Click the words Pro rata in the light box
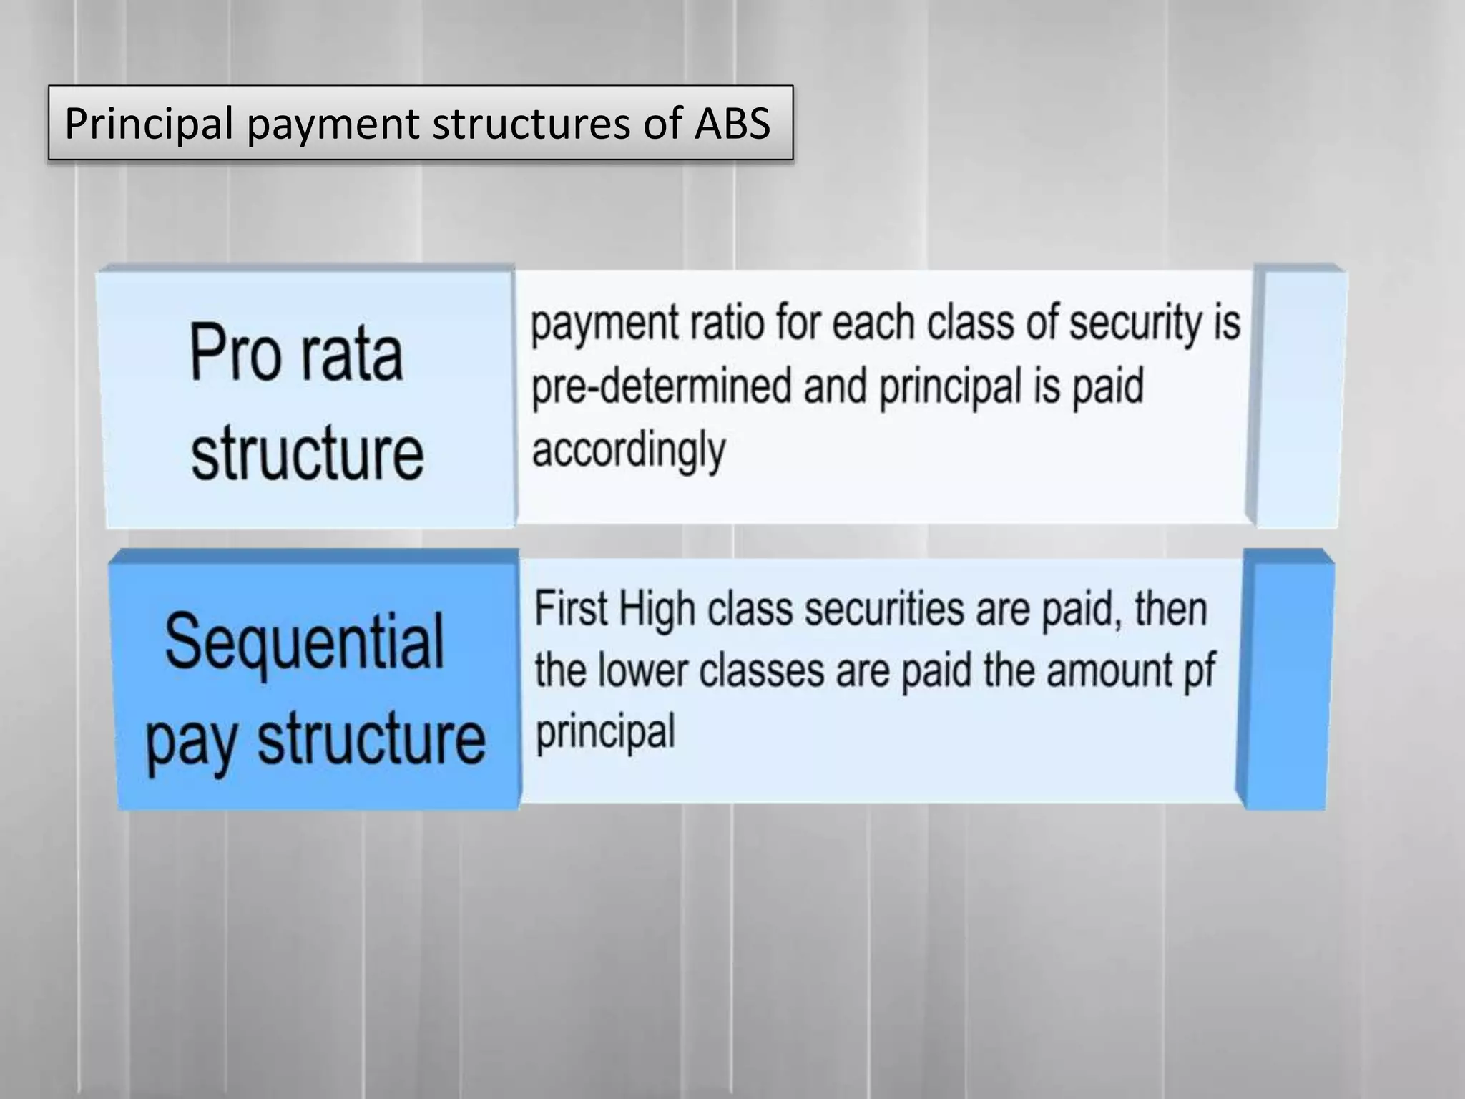pyautogui.click(x=296, y=353)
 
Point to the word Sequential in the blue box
pyautogui.click(x=305, y=641)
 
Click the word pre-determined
pyautogui.click(x=660, y=386)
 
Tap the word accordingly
pyautogui.click(x=628, y=451)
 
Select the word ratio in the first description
pyautogui.click(x=727, y=323)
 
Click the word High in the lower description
pyautogui.click(x=656, y=610)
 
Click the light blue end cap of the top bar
pyautogui.click(x=1299, y=397)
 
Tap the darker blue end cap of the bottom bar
pyautogui.click(x=1285, y=680)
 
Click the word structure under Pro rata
pyautogui.click(x=307, y=452)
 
